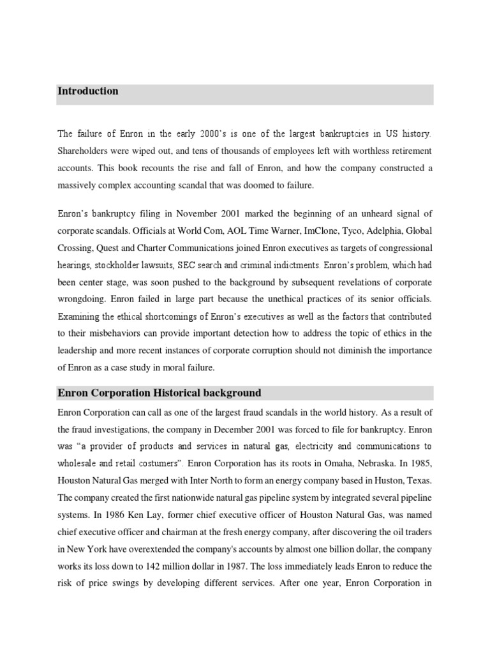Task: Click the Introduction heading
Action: click(x=88, y=91)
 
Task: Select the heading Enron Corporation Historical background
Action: click(x=160, y=392)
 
